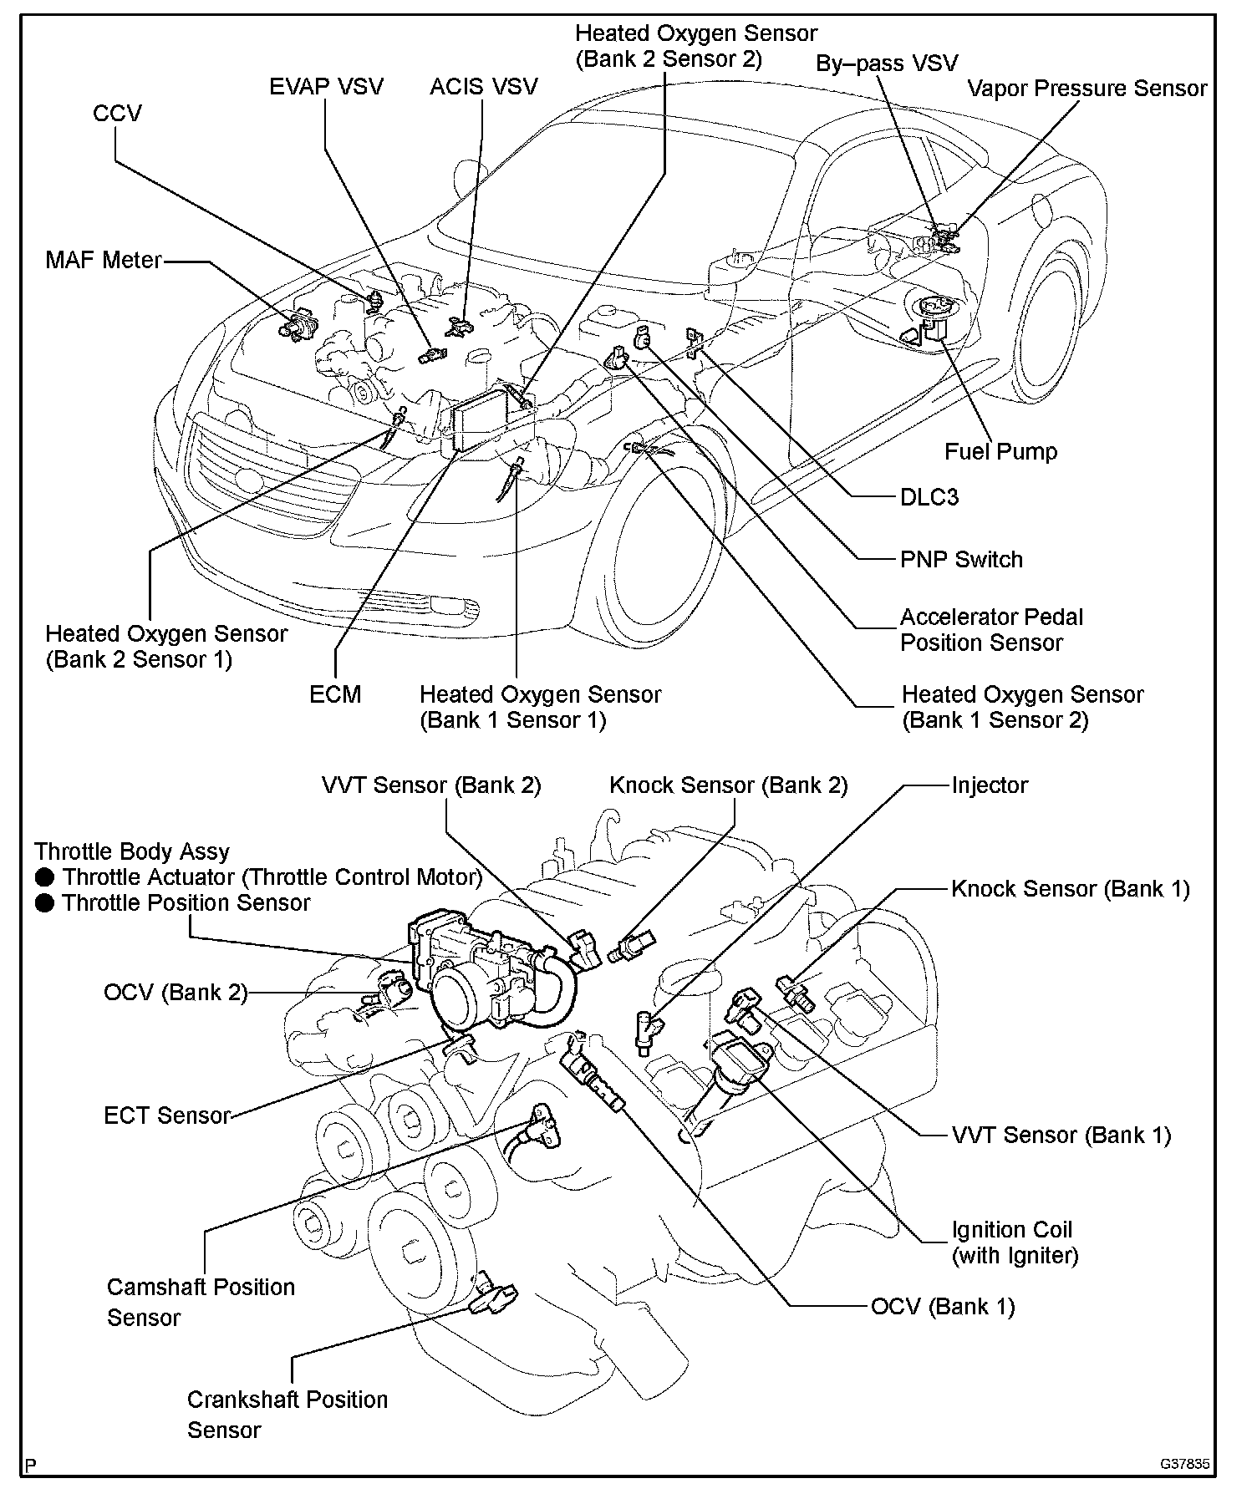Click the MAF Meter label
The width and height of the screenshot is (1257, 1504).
coord(103,260)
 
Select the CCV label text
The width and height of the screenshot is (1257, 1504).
coord(117,114)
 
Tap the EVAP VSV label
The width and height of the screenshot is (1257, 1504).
coord(326,87)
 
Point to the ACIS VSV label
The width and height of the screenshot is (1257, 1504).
coord(483,87)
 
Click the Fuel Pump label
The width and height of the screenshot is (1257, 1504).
coord(1000,452)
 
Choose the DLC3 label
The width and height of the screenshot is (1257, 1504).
coord(929,497)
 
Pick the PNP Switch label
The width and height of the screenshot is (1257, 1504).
coord(961,559)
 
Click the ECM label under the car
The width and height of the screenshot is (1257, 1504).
coord(335,694)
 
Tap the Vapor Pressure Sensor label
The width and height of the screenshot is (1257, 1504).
coord(1087,89)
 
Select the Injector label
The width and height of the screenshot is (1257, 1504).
coord(990,785)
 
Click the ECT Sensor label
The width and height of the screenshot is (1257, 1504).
coord(167,1115)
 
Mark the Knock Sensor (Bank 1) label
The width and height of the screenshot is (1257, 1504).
coord(1070,889)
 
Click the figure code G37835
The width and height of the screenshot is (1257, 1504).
coord(1184,1465)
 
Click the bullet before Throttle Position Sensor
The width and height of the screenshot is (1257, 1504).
coord(46,903)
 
